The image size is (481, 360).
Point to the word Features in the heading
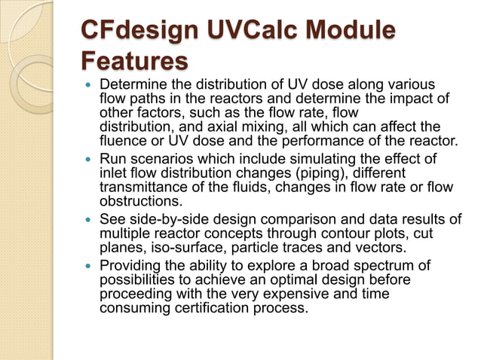(133, 59)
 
